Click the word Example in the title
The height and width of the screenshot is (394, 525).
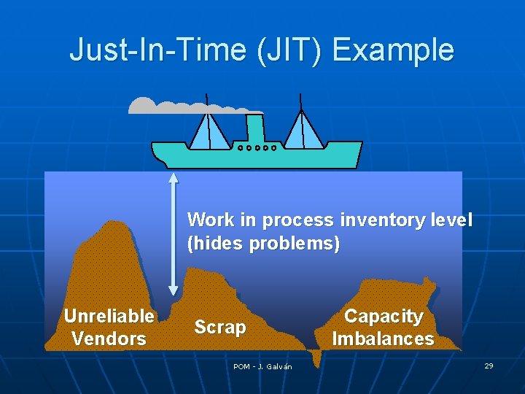393,50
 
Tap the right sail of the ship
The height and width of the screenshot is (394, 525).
303,130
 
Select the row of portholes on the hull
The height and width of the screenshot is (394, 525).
257,147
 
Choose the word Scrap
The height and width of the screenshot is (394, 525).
220,328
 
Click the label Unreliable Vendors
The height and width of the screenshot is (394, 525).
109,327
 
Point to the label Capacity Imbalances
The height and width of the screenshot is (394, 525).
383,328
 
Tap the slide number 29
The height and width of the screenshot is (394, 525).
489,365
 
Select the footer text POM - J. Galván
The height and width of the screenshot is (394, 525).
262,366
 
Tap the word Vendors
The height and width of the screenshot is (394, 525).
109,339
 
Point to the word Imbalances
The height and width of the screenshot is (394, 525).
383,339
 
